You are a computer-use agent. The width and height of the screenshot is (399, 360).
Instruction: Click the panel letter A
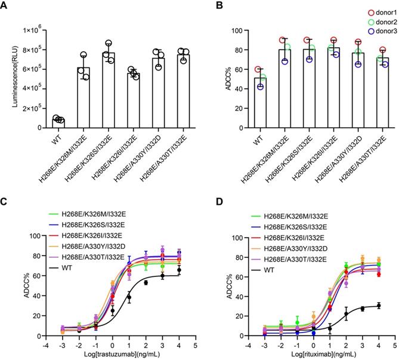pos(7,7)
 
